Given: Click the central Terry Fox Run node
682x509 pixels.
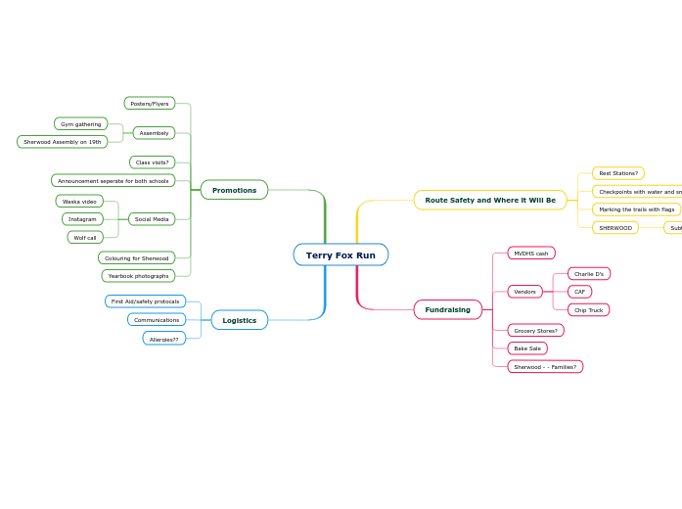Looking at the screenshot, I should [x=341, y=254].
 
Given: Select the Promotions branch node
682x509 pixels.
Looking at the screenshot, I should [x=234, y=190].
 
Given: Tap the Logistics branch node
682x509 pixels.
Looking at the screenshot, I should [x=239, y=320].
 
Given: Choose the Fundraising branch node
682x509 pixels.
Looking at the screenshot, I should [x=447, y=309].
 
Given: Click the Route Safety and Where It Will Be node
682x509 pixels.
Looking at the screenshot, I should [x=489, y=200].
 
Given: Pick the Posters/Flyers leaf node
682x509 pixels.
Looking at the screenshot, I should [x=150, y=103].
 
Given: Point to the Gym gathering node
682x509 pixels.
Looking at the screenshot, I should [x=80, y=124].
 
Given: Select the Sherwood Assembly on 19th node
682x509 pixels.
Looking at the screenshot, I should [x=62, y=142].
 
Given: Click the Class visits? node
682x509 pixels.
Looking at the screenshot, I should [x=152, y=162].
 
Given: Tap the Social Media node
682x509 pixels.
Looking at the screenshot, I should [x=152, y=219].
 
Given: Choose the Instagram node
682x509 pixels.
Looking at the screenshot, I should [x=82, y=219].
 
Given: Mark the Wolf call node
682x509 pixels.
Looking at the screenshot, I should [x=85, y=237].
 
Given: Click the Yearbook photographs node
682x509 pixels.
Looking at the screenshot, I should [x=138, y=276].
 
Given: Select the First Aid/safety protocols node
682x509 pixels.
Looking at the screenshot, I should [x=145, y=301].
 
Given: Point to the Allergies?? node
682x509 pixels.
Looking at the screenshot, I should [x=163, y=339].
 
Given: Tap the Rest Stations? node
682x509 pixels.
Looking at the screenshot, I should [x=617, y=173].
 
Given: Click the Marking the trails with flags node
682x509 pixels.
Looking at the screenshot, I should [x=636, y=209].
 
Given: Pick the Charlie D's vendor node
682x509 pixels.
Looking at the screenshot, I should [x=588, y=274].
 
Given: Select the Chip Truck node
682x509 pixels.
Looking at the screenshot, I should [x=588, y=310].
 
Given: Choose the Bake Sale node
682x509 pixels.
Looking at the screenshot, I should [x=527, y=347].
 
